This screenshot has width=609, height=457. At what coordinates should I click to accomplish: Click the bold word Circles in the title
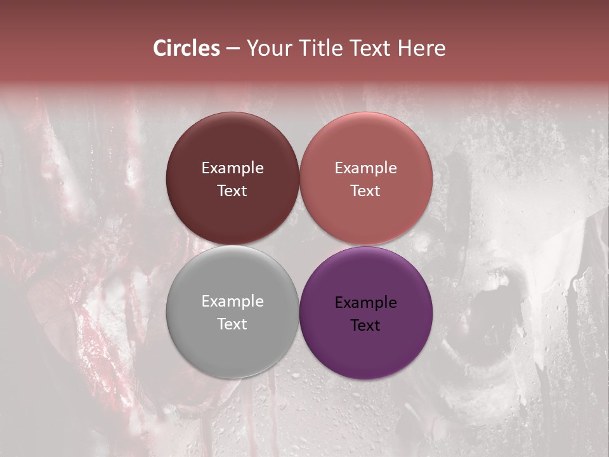[x=187, y=48]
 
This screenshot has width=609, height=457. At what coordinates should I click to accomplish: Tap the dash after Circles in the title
[x=233, y=49]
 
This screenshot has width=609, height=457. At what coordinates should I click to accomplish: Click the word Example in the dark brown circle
[x=232, y=168]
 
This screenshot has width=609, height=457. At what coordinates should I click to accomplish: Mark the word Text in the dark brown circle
[x=232, y=191]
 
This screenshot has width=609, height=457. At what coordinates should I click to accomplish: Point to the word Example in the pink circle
[x=365, y=168]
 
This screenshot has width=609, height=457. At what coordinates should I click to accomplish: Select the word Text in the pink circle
[x=365, y=191]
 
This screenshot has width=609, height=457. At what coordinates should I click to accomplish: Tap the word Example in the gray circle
[x=232, y=301]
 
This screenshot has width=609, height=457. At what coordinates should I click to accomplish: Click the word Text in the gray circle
[x=232, y=324]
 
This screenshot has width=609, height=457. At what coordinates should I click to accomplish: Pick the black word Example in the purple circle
[x=365, y=303]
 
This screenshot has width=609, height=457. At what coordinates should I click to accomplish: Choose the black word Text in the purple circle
[x=365, y=326]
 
